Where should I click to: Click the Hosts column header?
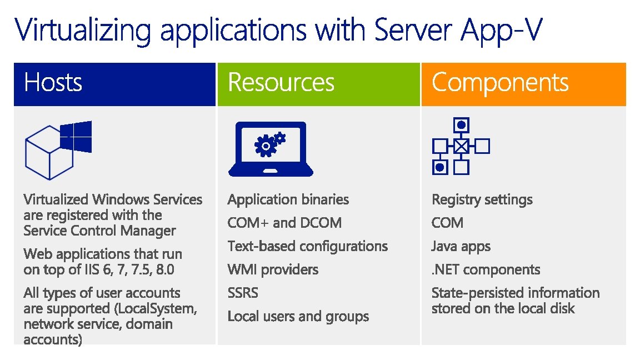[x=53, y=83]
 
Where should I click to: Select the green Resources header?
[x=281, y=83]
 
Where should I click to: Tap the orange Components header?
[x=500, y=83]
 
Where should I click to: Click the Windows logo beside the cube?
[x=76, y=137]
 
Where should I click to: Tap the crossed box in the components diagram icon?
[x=461, y=146]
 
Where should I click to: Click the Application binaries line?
[x=288, y=199]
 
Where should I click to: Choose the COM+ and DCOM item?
[x=284, y=223]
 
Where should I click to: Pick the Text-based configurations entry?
[x=308, y=246]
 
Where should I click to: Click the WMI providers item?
[x=273, y=269]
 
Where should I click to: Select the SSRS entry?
[x=243, y=293]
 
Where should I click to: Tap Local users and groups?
[x=298, y=316]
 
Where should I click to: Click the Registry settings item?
[x=482, y=199]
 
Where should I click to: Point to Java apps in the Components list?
[x=461, y=246]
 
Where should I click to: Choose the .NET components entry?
[x=486, y=269]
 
